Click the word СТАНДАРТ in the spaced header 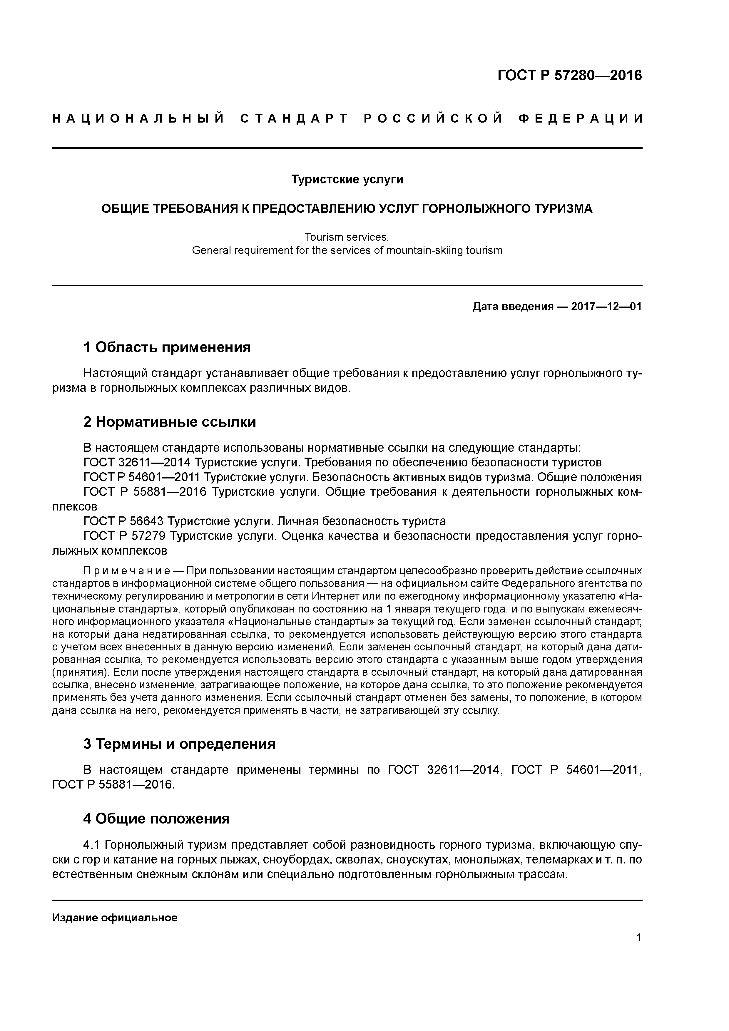pos(294,118)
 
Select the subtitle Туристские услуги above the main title pos(347,180)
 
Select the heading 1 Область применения pos(167,347)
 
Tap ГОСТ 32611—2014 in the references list pos(137,463)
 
